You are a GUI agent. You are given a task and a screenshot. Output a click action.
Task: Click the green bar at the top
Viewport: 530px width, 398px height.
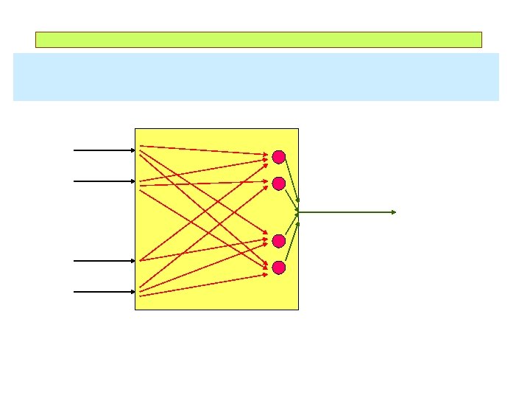point(258,40)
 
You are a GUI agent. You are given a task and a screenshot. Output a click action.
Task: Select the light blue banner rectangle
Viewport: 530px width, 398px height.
point(255,77)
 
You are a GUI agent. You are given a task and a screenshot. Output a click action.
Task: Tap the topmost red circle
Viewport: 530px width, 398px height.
point(278,156)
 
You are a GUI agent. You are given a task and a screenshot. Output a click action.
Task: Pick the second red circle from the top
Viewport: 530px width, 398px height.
point(278,183)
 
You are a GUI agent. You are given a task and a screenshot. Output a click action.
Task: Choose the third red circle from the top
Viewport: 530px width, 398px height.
point(278,241)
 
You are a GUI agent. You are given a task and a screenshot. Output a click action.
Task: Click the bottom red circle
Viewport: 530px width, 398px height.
point(278,268)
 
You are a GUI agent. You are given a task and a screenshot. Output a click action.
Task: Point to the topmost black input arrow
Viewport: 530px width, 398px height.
point(103,150)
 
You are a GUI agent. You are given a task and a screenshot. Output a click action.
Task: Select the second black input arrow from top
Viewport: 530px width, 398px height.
point(103,181)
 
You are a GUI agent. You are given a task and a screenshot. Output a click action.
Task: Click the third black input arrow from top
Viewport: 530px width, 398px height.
point(103,260)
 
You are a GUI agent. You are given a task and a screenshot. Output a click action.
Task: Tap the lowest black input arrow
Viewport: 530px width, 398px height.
point(103,291)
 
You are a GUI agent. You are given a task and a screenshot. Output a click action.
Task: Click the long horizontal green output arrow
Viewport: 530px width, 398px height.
point(346,212)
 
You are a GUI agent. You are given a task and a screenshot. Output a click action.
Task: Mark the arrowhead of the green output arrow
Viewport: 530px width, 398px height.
point(394,212)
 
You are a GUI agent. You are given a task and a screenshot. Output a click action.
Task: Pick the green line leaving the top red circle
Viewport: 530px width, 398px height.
point(291,180)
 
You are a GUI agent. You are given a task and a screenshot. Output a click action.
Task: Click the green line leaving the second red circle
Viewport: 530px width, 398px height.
point(291,197)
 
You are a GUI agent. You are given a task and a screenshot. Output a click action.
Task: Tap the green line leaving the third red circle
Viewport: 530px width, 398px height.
point(291,226)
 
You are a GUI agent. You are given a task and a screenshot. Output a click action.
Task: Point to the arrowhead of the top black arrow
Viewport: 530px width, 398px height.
point(133,150)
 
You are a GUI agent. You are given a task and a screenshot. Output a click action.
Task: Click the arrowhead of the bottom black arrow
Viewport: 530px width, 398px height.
point(133,291)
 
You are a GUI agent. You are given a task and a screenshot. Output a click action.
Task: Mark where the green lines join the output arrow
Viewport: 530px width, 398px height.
point(297,212)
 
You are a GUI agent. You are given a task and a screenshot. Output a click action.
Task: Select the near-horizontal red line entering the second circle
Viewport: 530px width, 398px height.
point(206,181)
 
